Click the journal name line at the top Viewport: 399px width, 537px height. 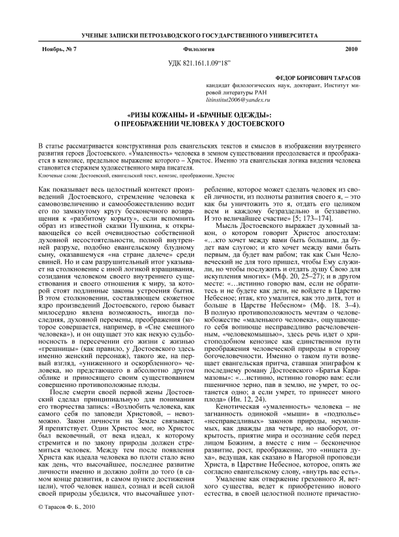(x=199, y=33)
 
